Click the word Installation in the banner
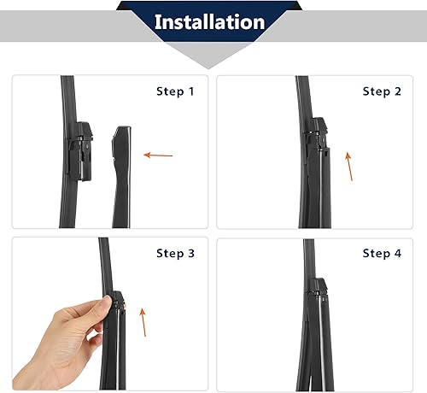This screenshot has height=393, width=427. (209, 21)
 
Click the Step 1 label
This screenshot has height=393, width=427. (176, 91)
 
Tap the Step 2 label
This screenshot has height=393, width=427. (383, 91)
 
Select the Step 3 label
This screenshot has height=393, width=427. (176, 253)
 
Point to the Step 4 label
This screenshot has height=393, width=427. (383, 253)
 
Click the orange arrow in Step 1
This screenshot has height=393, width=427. (158, 155)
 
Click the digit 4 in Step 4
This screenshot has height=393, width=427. (398, 253)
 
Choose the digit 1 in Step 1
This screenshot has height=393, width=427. (191, 91)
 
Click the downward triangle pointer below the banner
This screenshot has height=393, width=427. (209, 56)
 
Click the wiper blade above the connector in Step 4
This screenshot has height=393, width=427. (310, 261)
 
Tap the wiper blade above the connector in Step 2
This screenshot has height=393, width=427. (303, 98)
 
